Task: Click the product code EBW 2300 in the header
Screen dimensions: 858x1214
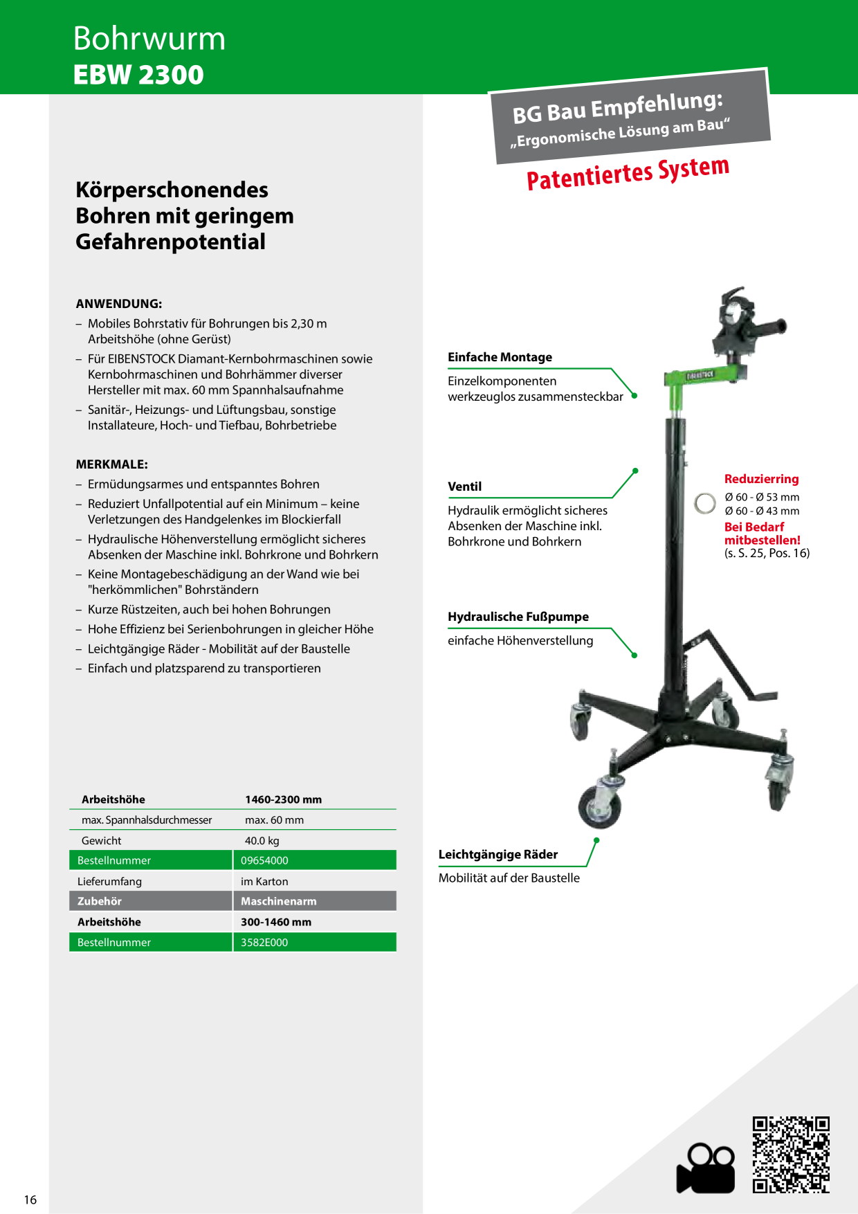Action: tap(138, 75)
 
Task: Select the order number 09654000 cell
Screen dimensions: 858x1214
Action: tap(315, 860)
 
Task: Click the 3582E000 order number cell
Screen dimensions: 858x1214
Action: tap(315, 942)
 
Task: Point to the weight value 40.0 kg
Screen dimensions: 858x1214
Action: tap(262, 840)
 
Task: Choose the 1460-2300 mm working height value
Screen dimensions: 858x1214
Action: tap(284, 799)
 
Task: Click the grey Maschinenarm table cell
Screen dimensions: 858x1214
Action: tap(315, 901)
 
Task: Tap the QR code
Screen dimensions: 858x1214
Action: tap(791, 1154)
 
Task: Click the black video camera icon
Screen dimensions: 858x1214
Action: tap(706, 1169)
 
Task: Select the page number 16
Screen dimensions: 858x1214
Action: tap(30, 1199)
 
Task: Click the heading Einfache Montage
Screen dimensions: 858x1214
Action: tap(500, 357)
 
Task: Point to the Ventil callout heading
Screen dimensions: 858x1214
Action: tap(465, 487)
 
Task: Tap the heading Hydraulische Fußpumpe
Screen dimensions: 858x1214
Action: tap(518, 617)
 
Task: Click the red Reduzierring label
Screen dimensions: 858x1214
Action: tap(761, 479)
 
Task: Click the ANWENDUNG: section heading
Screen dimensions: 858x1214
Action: tap(119, 304)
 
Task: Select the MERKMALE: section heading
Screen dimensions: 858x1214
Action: tap(112, 464)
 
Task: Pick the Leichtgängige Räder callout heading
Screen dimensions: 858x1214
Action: tap(498, 855)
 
